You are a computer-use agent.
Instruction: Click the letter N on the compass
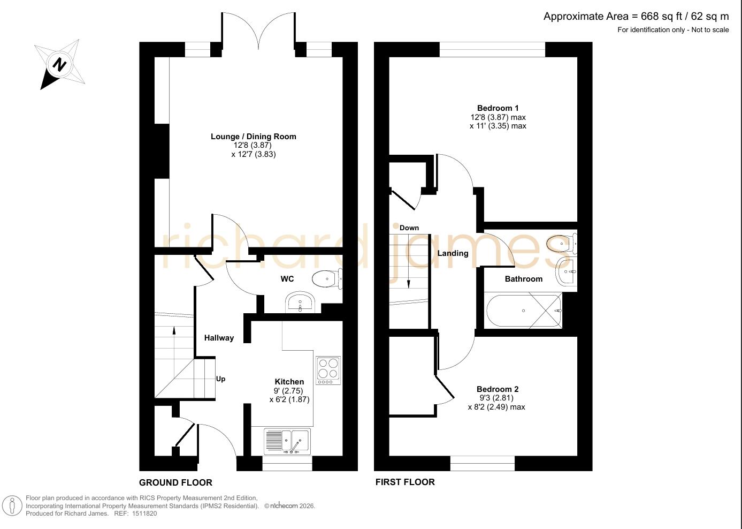tap(59, 65)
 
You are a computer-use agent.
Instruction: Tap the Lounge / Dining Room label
tap(254, 137)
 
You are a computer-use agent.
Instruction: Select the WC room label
tap(287, 279)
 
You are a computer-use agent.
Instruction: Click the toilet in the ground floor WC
tap(327, 279)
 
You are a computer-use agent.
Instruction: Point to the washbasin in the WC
tap(300, 303)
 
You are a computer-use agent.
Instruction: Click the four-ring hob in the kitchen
tap(328, 371)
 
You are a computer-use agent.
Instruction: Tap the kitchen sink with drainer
tap(287, 442)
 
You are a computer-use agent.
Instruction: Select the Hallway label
tap(219, 338)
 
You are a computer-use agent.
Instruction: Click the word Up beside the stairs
tap(220, 379)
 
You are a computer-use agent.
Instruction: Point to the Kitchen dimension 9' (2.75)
tap(288, 391)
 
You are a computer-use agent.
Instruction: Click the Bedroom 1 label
tap(498, 108)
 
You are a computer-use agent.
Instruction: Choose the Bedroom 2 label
tap(498, 389)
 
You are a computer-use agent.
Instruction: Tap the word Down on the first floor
tap(409, 228)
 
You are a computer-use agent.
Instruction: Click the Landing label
tap(453, 253)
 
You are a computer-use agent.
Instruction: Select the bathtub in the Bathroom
tap(524, 311)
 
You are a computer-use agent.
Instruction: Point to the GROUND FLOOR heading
tap(175, 482)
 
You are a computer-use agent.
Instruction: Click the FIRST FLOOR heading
tap(405, 482)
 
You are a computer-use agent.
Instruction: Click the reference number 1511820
tap(144, 513)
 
